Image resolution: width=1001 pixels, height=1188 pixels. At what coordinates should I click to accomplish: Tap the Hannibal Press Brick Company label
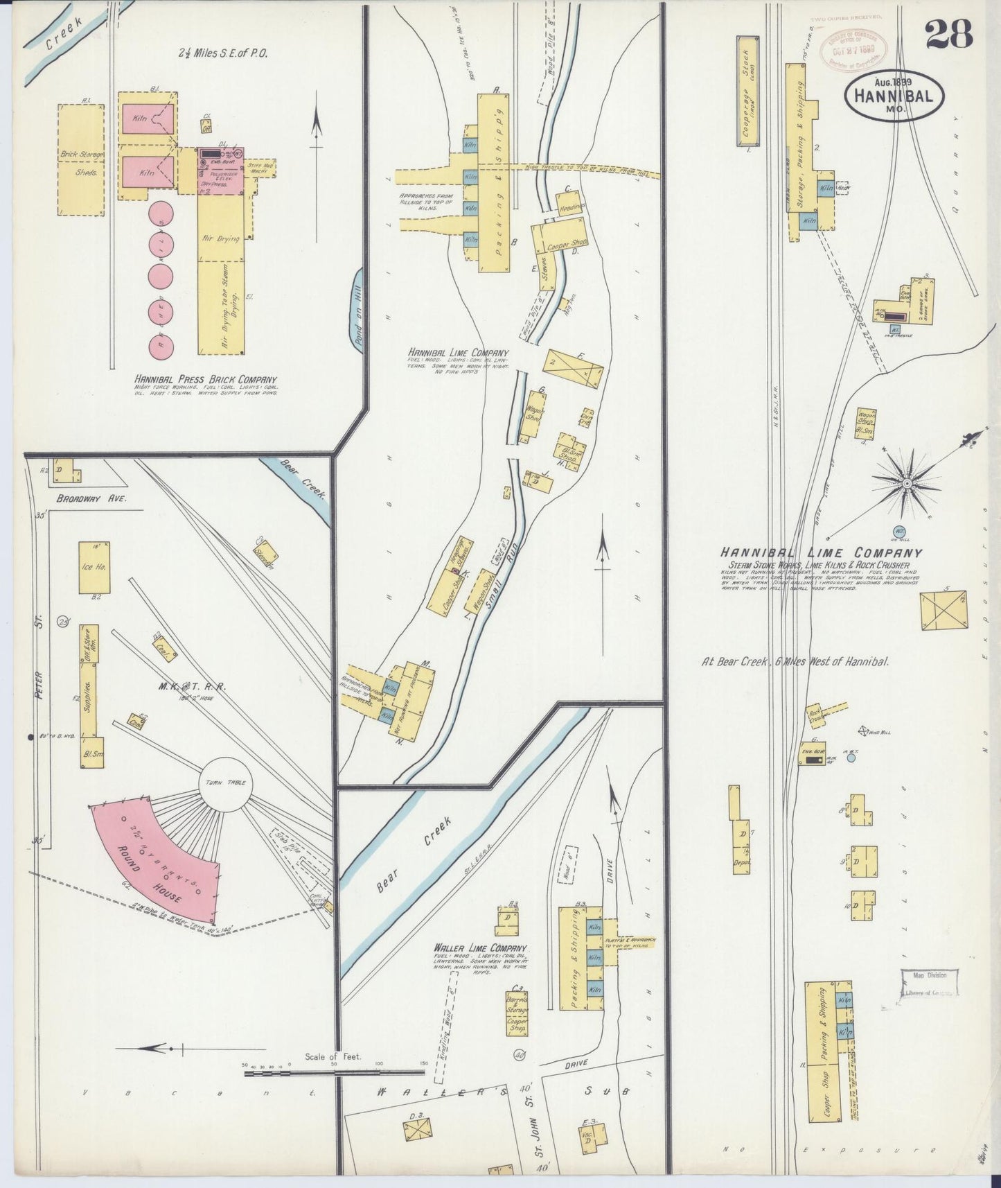[x=206, y=380]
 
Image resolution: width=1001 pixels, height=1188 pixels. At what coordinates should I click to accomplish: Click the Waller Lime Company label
[x=479, y=948]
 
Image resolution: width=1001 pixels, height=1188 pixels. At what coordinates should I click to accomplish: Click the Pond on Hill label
[x=359, y=311]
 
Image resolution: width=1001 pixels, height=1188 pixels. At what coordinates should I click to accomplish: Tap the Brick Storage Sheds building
[x=80, y=160]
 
